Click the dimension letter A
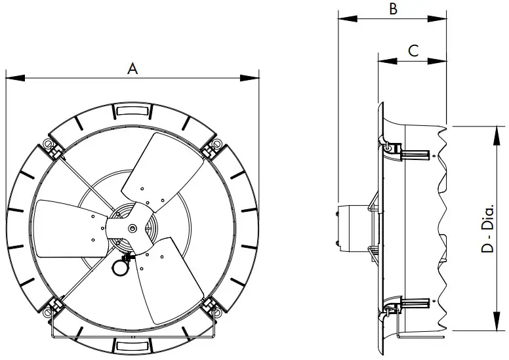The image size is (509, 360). pyautogui.click(x=132, y=69)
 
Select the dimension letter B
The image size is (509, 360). pyautogui.click(x=393, y=9)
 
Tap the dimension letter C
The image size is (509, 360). pyautogui.click(x=413, y=50)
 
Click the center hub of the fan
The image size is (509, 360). pyautogui.click(x=133, y=228)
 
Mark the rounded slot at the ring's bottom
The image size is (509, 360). pyautogui.click(x=132, y=346)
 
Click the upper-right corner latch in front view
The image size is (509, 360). pyautogui.click(x=212, y=148)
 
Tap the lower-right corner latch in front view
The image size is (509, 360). pyautogui.click(x=211, y=306)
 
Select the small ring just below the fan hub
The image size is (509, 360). pyautogui.click(x=121, y=266)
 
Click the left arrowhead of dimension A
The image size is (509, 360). pyautogui.click(x=10, y=78)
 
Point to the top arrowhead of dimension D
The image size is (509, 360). pyautogui.click(x=492, y=130)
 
